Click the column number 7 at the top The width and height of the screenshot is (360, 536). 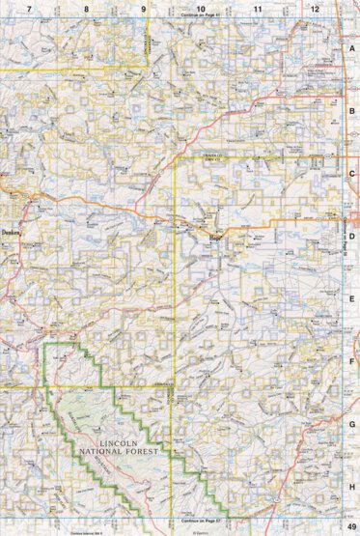30,8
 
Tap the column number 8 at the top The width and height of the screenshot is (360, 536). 86,8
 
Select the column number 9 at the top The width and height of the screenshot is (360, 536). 144,8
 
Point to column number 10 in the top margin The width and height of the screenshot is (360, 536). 200,8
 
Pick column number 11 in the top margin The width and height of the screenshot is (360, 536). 258,8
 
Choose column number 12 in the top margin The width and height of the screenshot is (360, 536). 315,8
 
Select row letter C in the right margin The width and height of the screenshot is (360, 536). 352,173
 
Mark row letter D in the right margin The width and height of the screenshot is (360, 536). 352,236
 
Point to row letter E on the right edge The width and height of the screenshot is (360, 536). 352,298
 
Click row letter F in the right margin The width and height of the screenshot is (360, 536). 352,361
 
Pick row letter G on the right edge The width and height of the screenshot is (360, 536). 352,423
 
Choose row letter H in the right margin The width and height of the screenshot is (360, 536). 352,486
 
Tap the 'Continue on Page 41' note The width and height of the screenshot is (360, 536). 201,16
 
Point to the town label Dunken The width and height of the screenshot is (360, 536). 12,232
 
